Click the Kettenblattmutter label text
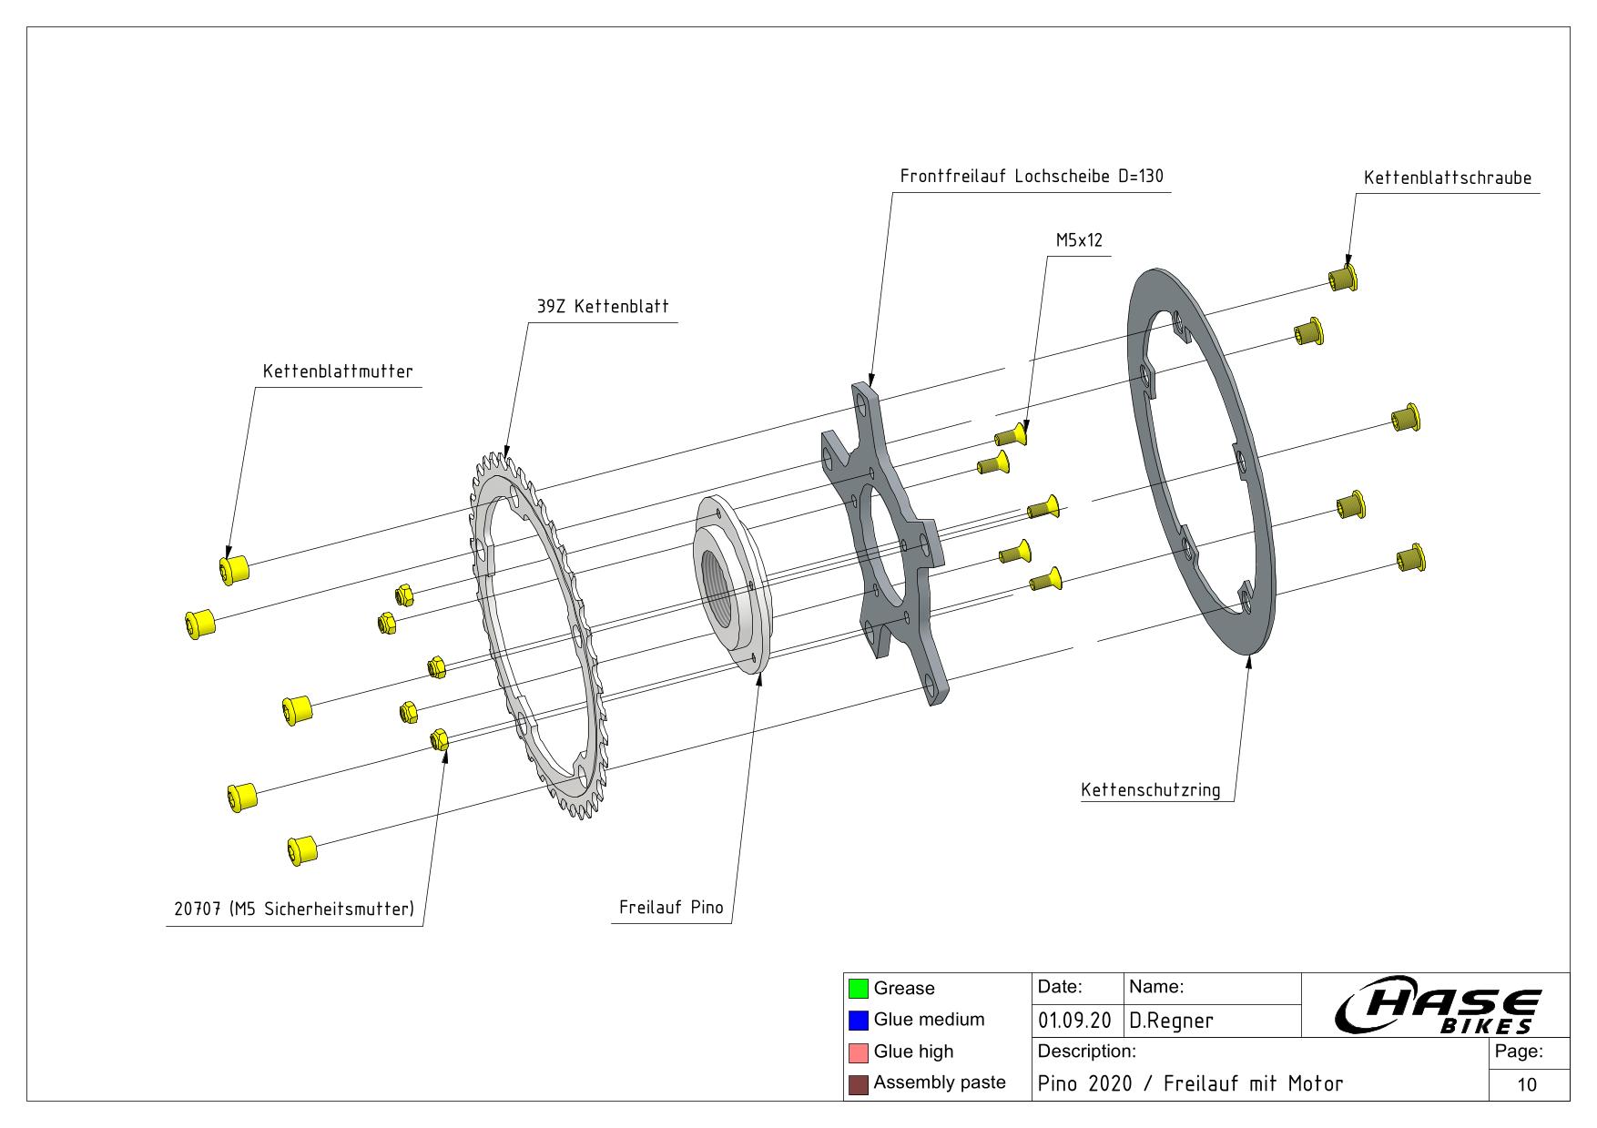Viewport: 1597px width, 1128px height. click(x=337, y=371)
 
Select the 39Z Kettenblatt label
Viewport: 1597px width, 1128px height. click(x=602, y=307)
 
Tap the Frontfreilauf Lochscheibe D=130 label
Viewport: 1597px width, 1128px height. click(x=1031, y=177)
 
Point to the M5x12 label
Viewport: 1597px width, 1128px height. click(x=1078, y=240)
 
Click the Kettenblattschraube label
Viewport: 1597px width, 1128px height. click(x=1447, y=178)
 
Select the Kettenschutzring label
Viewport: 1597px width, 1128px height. click(x=1150, y=789)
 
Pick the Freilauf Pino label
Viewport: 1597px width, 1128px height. click(x=670, y=908)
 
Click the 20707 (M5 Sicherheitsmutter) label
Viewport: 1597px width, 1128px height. click(x=293, y=910)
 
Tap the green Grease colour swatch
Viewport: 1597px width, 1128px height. click(x=858, y=988)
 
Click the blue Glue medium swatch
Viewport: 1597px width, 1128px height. click(x=858, y=1020)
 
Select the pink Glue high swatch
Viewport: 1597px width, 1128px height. click(x=858, y=1052)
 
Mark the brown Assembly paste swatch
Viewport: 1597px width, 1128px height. click(x=858, y=1084)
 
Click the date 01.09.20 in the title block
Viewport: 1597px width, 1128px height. click(x=1073, y=1021)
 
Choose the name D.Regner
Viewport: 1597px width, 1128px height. click(x=1171, y=1021)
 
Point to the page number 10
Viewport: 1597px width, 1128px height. click(x=1527, y=1084)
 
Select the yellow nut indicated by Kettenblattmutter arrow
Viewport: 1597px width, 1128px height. click(x=234, y=569)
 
